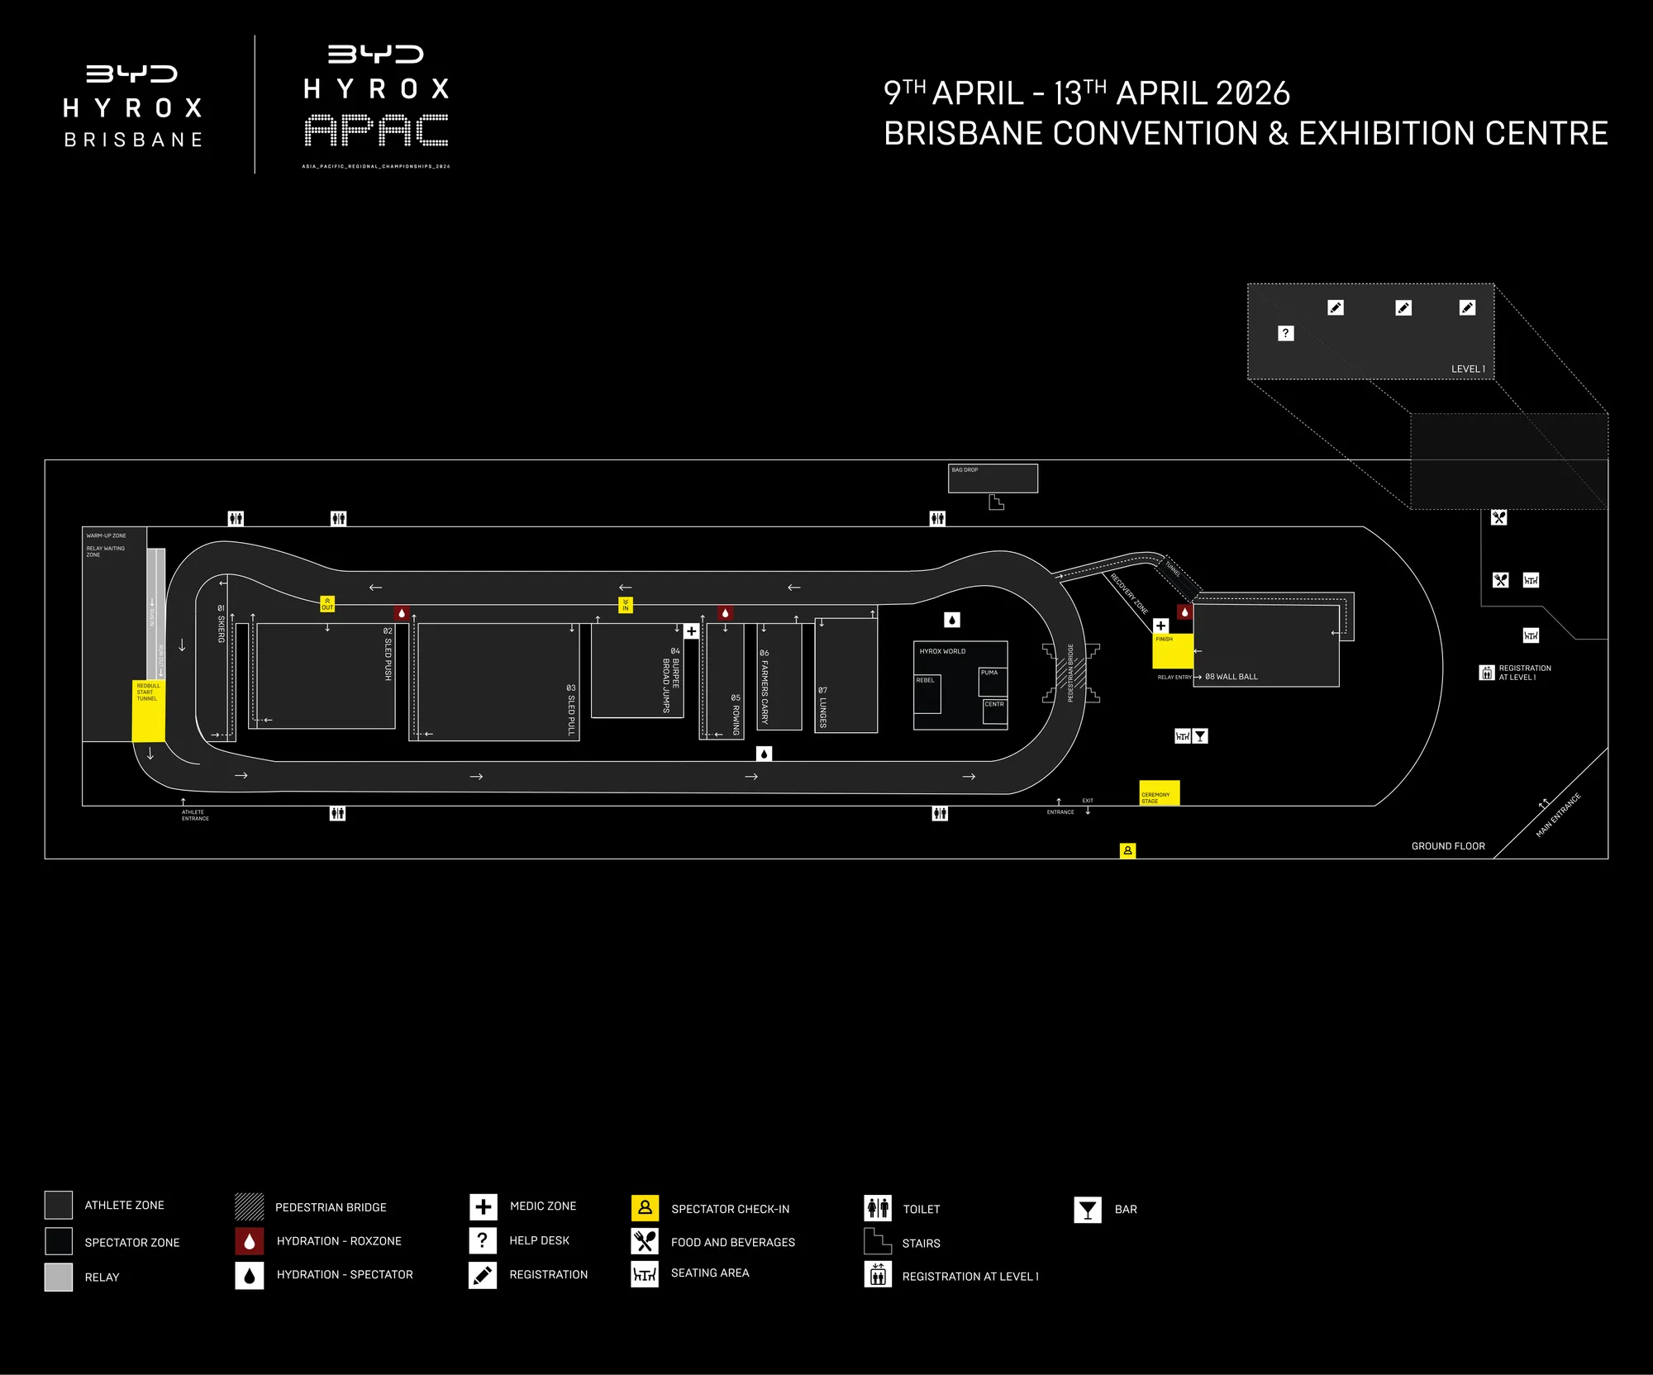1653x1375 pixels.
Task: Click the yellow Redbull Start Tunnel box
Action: click(149, 711)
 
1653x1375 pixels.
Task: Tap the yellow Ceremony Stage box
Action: click(1159, 792)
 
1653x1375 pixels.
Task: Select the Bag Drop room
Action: click(993, 478)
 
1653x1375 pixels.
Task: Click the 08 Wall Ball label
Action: click(1231, 677)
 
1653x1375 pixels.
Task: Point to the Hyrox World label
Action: click(942, 651)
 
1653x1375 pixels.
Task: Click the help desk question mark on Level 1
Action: click(1285, 333)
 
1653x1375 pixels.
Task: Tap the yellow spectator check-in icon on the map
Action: click(1127, 850)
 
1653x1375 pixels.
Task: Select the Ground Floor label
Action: click(1448, 846)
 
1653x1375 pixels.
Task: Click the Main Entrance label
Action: click(1558, 816)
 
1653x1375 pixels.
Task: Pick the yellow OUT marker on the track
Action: click(327, 604)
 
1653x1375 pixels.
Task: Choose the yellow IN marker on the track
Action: click(626, 605)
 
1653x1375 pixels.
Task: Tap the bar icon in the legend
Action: click(1088, 1210)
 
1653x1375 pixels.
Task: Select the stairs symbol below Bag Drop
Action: click(996, 502)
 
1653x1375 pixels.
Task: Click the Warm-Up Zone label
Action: click(107, 535)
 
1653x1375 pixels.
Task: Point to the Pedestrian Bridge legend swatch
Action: click(249, 1206)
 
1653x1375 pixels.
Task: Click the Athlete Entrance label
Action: click(195, 815)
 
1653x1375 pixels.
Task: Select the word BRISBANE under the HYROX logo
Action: click(133, 140)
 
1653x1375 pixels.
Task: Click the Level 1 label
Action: click(1468, 369)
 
